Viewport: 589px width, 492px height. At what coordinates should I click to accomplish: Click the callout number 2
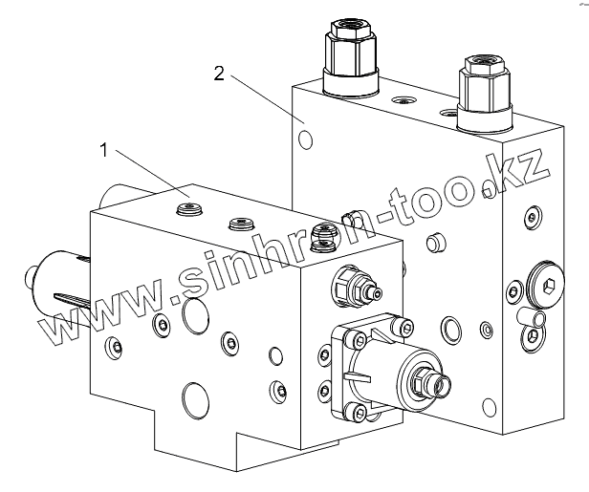pyautogui.click(x=219, y=74)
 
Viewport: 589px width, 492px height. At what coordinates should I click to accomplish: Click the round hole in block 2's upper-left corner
pyautogui.click(x=306, y=139)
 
